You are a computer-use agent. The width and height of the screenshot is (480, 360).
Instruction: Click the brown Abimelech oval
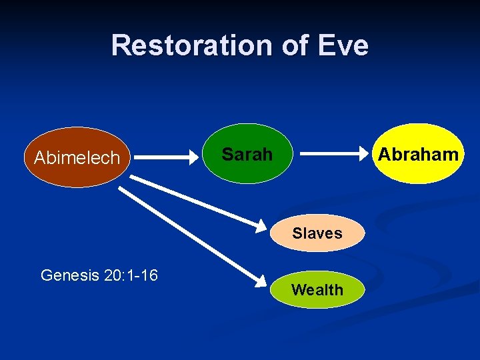(x=77, y=157)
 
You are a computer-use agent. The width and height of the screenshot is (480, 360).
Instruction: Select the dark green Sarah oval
(x=247, y=154)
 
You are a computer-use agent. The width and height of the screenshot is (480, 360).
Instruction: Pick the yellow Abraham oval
(x=417, y=154)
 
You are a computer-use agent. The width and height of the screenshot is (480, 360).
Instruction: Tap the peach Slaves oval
(x=317, y=233)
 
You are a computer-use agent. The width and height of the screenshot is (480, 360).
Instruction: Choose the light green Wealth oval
(x=317, y=290)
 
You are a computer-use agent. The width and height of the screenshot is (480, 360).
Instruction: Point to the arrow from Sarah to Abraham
(x=333, y=155)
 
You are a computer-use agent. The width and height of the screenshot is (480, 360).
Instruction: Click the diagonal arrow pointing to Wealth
(x=190, y=233)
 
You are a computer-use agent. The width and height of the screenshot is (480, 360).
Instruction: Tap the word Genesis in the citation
(x=70, y=275)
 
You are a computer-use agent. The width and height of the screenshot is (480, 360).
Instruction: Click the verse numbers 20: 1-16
(x=131, y=275)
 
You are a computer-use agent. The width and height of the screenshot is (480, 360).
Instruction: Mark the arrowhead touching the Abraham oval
(x=365, y=155)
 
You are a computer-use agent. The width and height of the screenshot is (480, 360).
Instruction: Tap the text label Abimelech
(x=77, y=158)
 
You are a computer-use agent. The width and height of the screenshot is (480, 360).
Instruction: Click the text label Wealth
(x=317, y=290)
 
